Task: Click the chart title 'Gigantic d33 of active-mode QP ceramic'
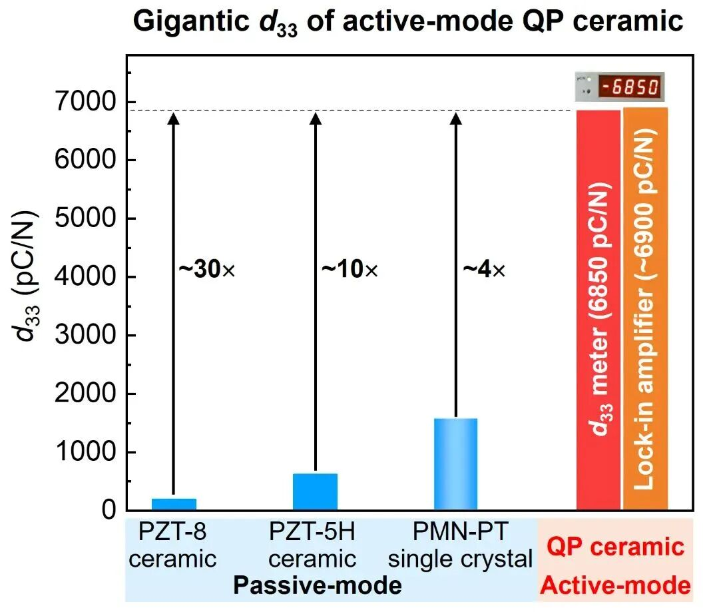click(408, 21)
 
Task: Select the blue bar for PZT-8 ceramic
click(173, 504)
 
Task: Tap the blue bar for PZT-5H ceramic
click(315, 491)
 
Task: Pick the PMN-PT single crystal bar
click(455, 464)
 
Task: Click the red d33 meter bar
click(598, 310)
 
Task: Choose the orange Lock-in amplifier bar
click(645, 310)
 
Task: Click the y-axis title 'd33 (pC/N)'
click(27, 276)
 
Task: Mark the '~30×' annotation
click(207, 270)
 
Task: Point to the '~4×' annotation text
click(484, 270)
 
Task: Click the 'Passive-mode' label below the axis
click(317, 585)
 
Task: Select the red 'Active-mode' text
click(614, 586)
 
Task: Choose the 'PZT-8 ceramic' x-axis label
click(173, 545)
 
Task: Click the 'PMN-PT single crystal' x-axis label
click(460, 545)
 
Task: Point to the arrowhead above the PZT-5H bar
click(316, 119)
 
